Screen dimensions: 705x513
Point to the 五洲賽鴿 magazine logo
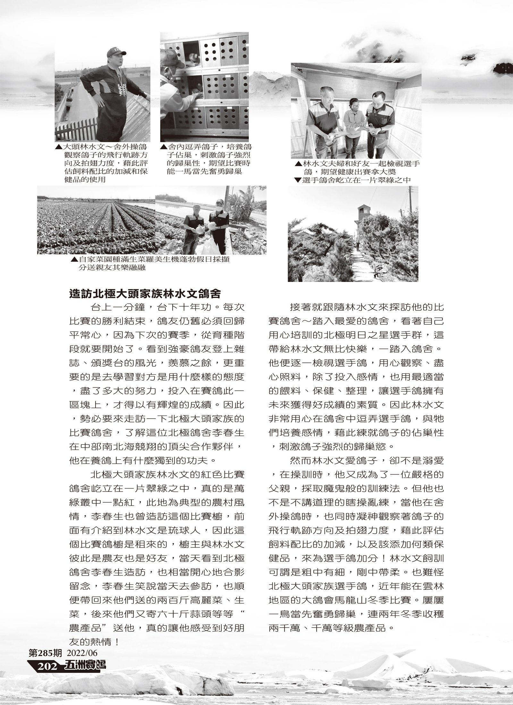pyautogui.click(x=85, y=674)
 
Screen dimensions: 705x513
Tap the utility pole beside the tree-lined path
pyautogui.click(x=410, y=205)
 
